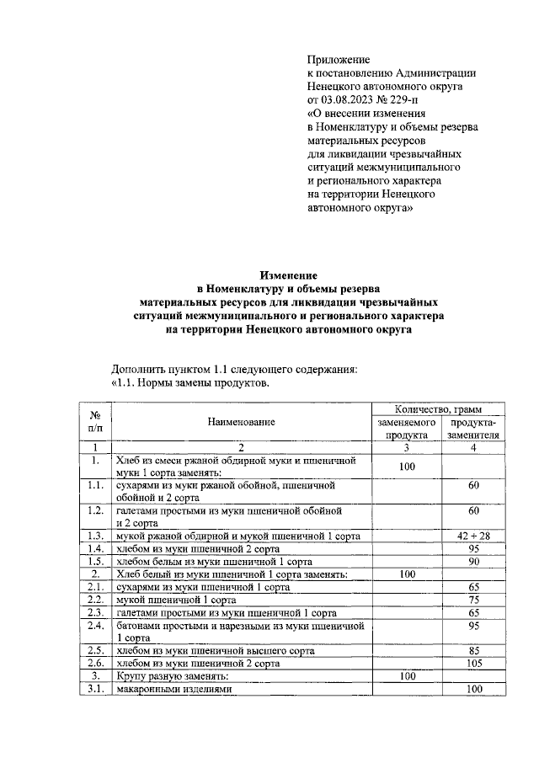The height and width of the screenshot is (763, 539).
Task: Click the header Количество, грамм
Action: coord(437,408)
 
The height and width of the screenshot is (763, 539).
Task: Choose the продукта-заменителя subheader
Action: coord(473,428)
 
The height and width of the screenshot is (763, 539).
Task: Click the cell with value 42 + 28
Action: coord(473,536)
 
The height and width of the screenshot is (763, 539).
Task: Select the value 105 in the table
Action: coord(473,663)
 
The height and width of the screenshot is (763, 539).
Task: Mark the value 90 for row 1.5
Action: coord(473,561)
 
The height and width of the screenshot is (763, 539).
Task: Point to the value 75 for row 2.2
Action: coord(473,600)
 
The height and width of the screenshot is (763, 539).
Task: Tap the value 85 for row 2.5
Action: coord(473,650)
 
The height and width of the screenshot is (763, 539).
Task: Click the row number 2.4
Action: coord(95,626)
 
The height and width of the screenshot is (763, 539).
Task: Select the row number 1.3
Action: coord(95,536)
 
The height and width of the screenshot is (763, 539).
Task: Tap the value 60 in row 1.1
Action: coord(473,486)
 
